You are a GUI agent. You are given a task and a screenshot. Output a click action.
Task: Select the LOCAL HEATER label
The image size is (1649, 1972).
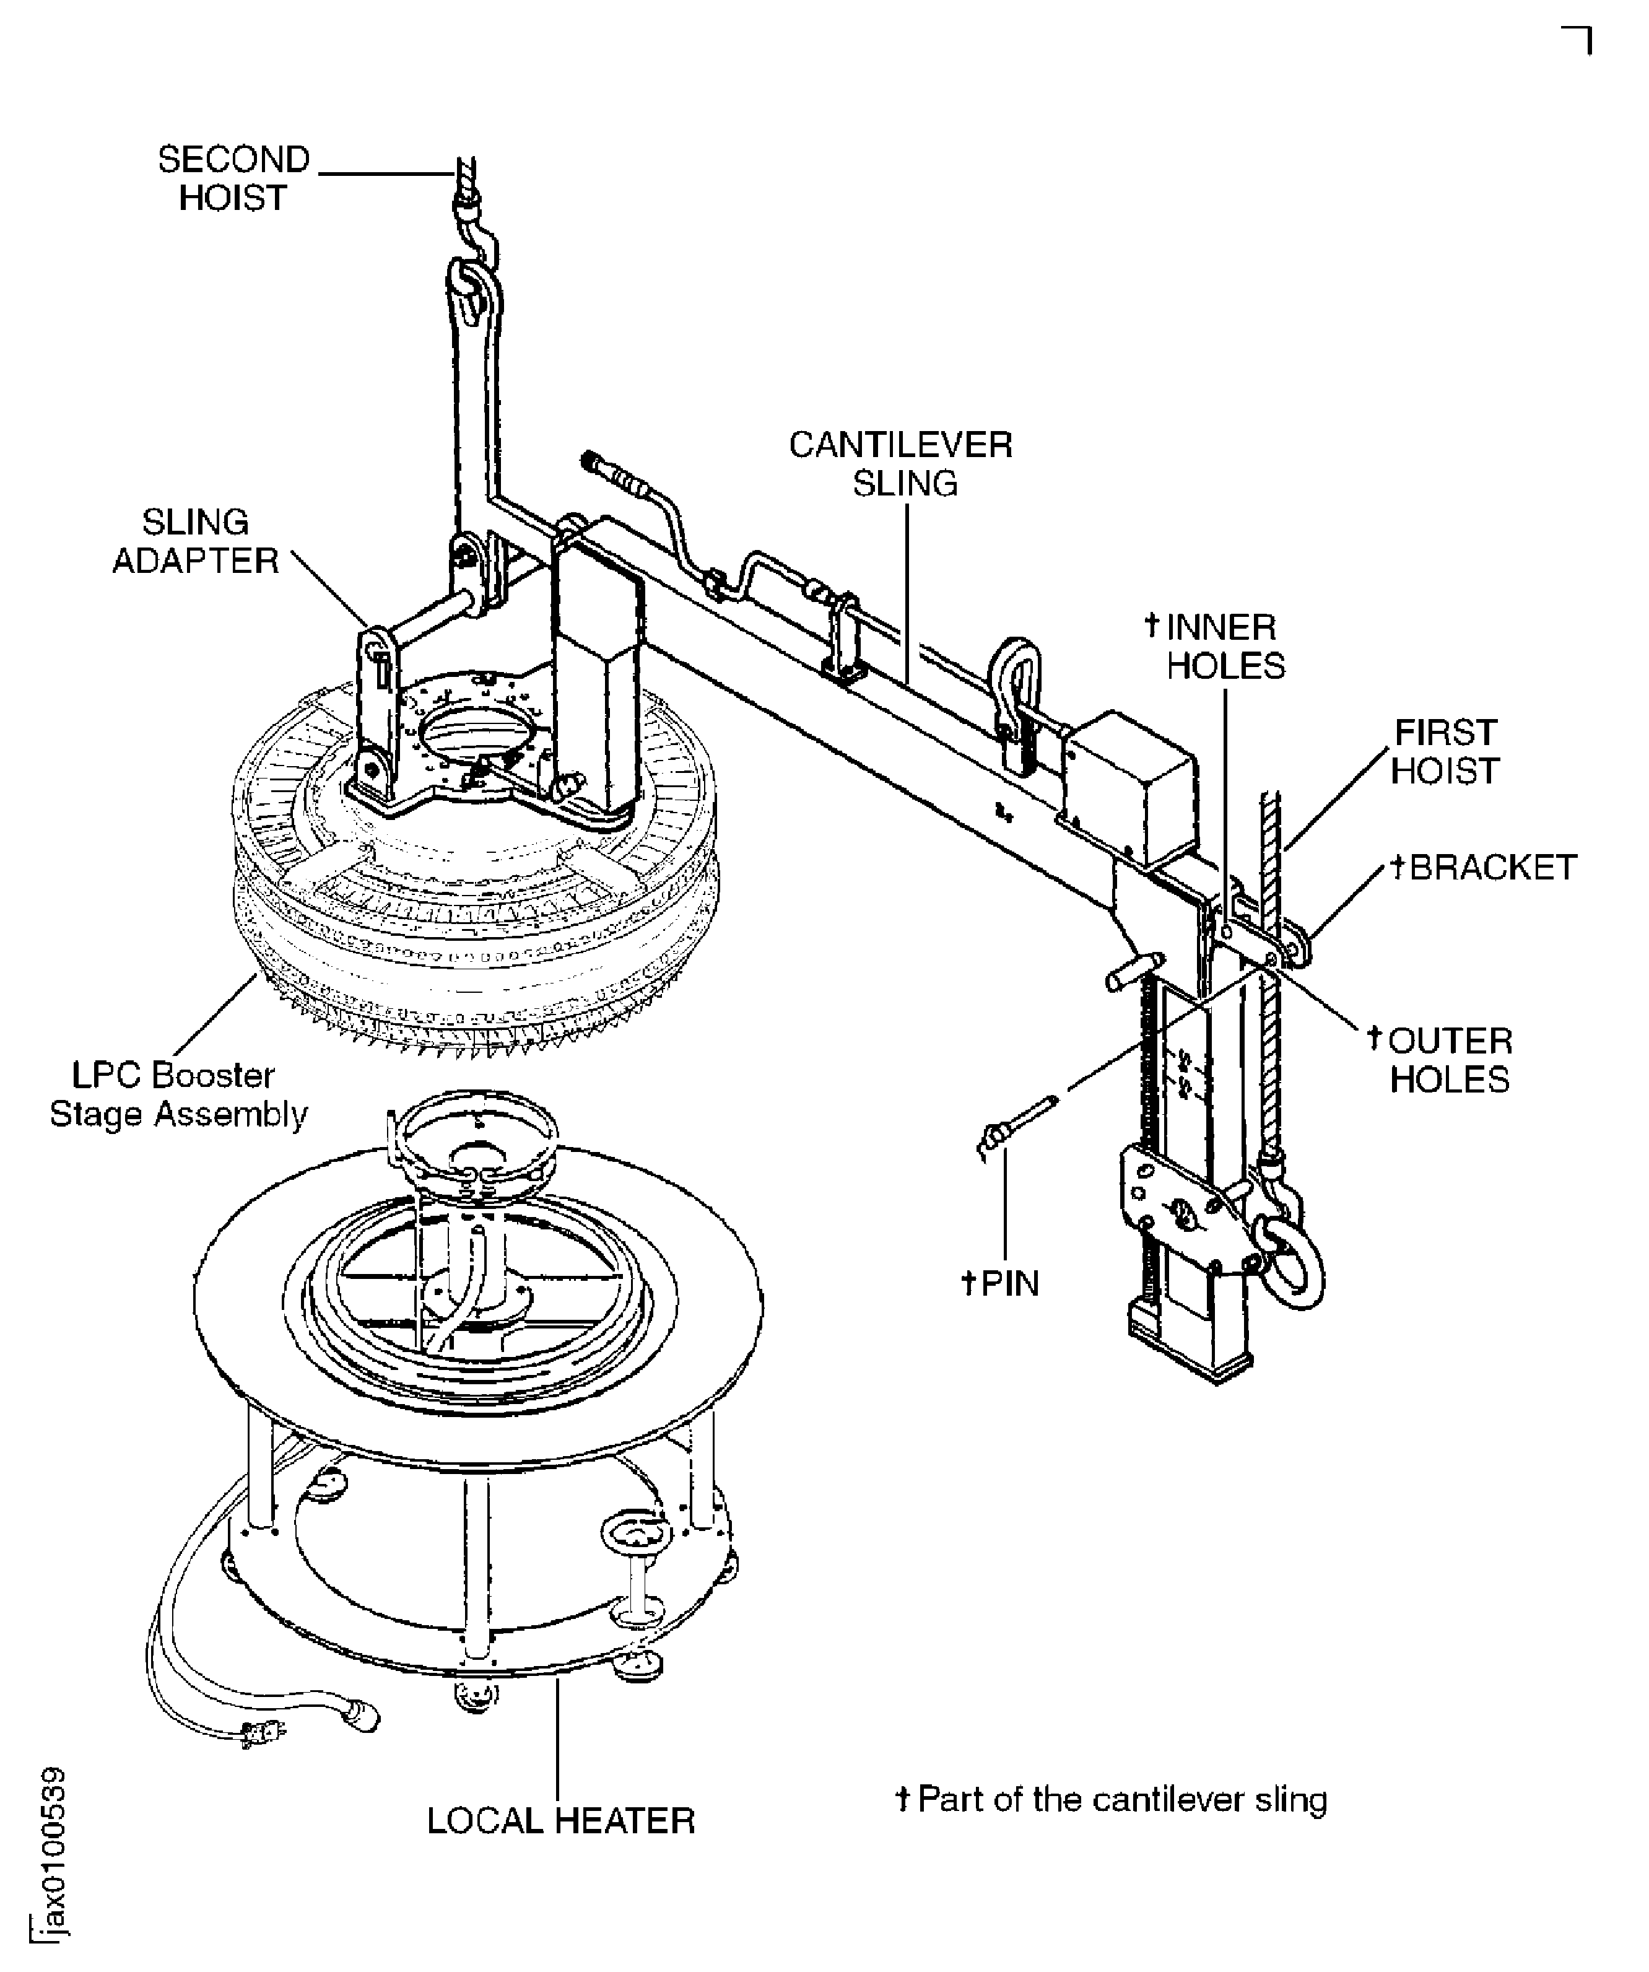(x=560, y=1821)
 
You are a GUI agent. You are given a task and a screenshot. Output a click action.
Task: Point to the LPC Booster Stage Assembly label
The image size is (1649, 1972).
(x=178, y=1094)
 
